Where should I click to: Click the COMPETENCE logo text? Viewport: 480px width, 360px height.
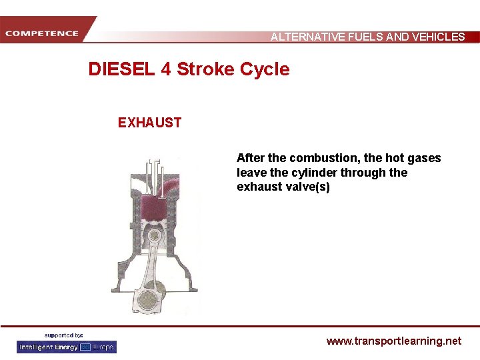[x=43, y=33]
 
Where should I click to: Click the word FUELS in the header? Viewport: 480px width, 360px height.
[x=365, y=37]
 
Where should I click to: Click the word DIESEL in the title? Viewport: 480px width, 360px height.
[x=122, y=69]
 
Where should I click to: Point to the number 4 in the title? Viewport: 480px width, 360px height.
[x=166, y=69]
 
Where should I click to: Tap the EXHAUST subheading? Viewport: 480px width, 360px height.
[x=149, y=123]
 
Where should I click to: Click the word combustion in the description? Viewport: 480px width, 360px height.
[x=319, y=158]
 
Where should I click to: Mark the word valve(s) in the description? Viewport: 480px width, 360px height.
[x=309, y=187]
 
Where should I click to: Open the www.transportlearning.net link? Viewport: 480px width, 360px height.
[x=393, y=341]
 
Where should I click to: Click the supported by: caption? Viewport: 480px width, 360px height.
[x=64, y=335]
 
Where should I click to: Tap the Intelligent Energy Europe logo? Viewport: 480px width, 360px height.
[x=67, y=347]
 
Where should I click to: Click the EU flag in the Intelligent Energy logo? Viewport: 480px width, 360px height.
[x=85, y=347]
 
